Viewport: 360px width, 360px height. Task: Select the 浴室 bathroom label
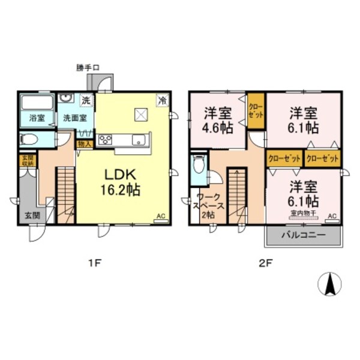click(x=37, y=118)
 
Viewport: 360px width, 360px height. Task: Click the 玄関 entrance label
click(x=32, y=215)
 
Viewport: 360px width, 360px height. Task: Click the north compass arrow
click(x=329, y=284)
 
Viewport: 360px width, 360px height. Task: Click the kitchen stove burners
click(x=106, y=140)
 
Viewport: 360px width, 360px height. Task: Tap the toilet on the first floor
click(x=28, y=140)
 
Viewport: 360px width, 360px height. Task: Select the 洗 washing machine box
click(x=86, y=100)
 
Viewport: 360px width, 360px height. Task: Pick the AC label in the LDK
click(x=160, y=215)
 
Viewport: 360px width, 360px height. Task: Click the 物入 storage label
click(x=83, y=144)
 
